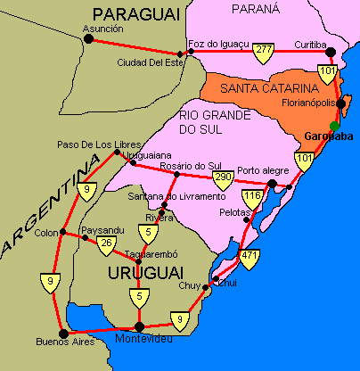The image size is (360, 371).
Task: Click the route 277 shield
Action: click(262, 51)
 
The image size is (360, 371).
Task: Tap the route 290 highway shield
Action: click(224, 178)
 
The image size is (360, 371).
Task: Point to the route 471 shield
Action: click(249, 259)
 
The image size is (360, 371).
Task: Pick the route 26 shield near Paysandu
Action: click(107, 243)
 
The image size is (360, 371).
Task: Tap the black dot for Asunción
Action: click(88, 39)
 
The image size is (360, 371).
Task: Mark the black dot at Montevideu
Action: click(138, 326)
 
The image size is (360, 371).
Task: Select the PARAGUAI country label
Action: click(136, 12)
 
